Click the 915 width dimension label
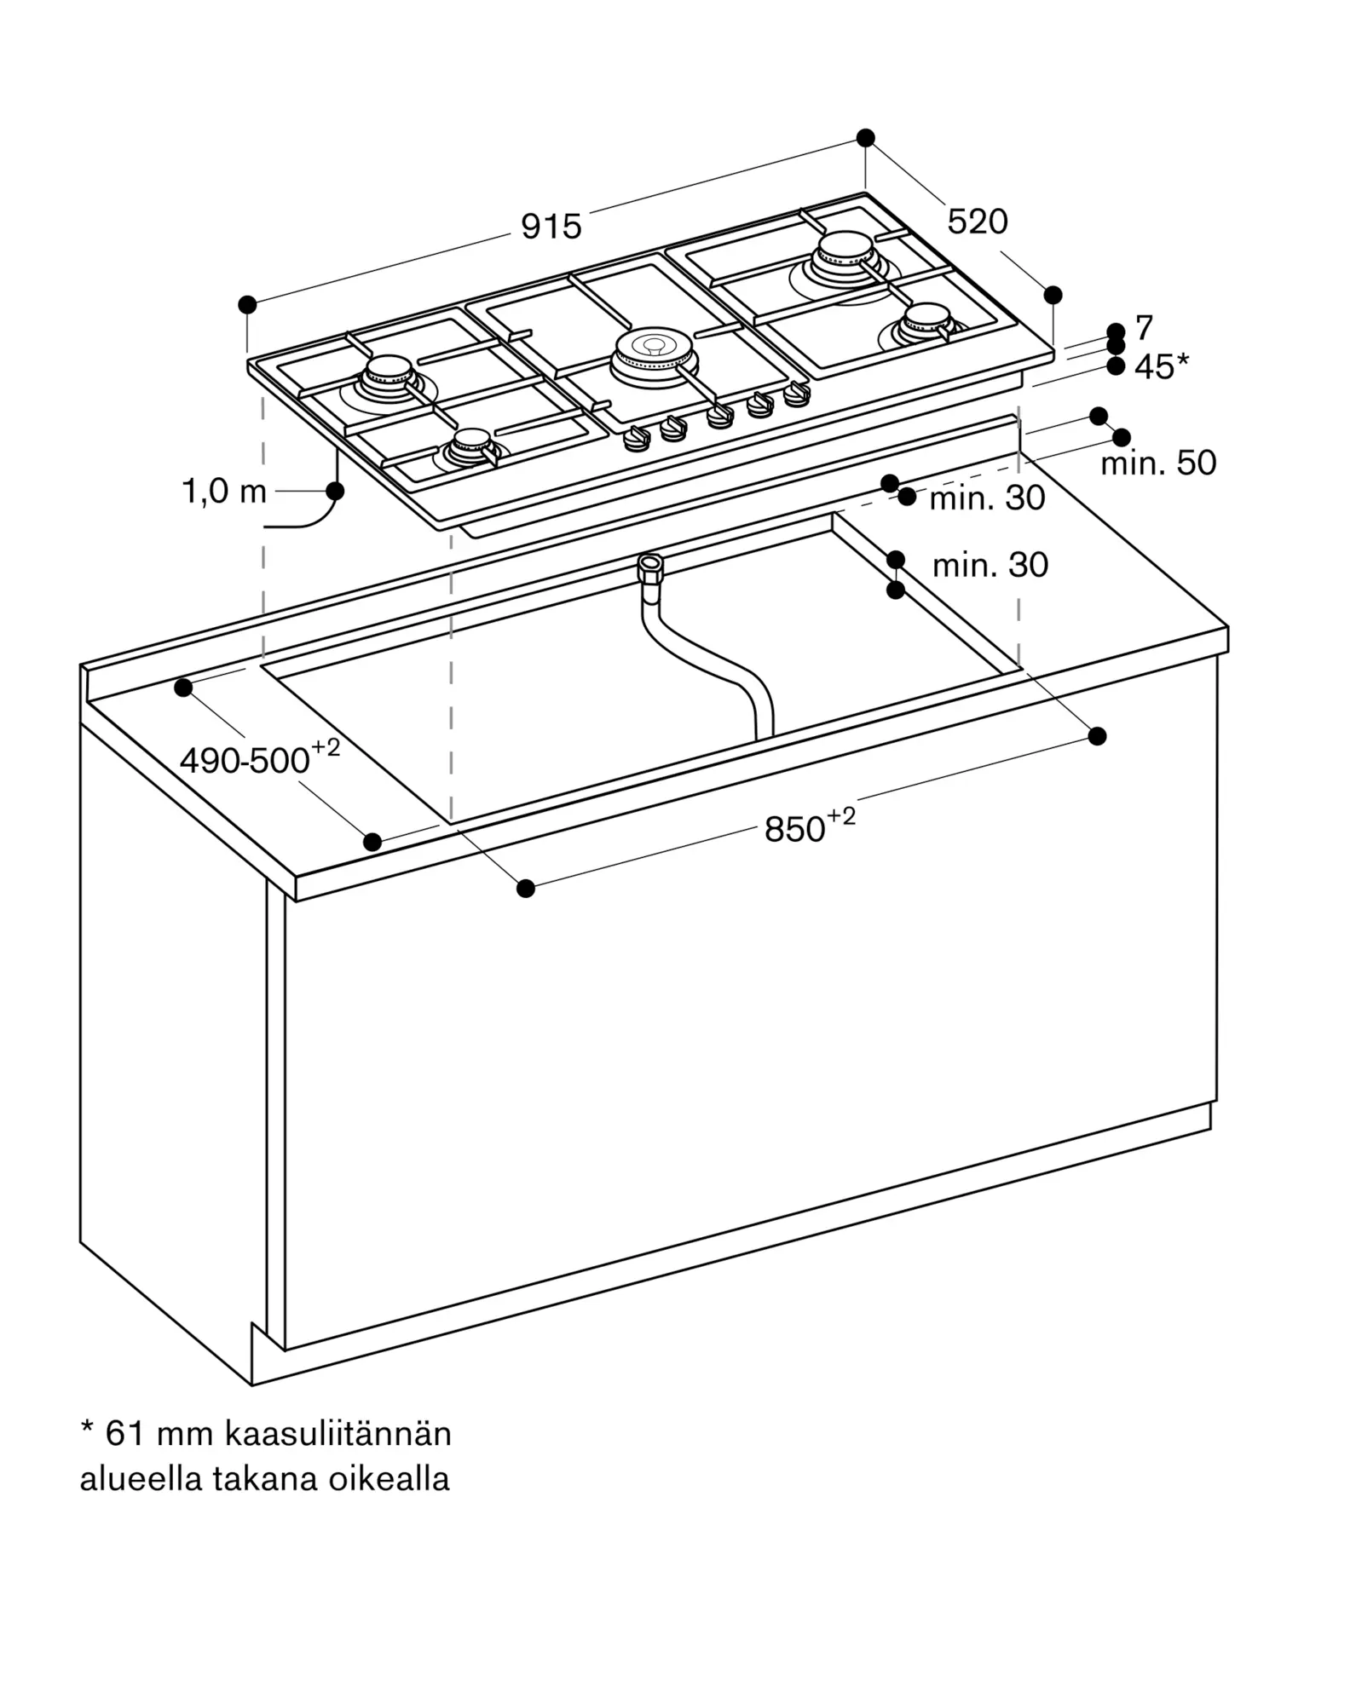[x=551, y=227]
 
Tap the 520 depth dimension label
[x=977, y=222]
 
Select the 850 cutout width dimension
[x=808, y=826]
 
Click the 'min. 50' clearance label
[x=1158, y=463]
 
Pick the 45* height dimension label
[x=1161, y=366]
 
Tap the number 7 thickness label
[x=1144, y=327]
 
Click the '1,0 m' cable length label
[x=224, y=492]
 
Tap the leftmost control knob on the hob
[x=636, y=438]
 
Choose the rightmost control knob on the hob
[x=797, y=394]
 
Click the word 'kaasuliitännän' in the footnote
[x=338, y=1434]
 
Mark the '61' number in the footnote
[x=124, y=1434]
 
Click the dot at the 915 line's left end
[x=247, y=304]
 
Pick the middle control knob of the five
[x=720, y=415]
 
